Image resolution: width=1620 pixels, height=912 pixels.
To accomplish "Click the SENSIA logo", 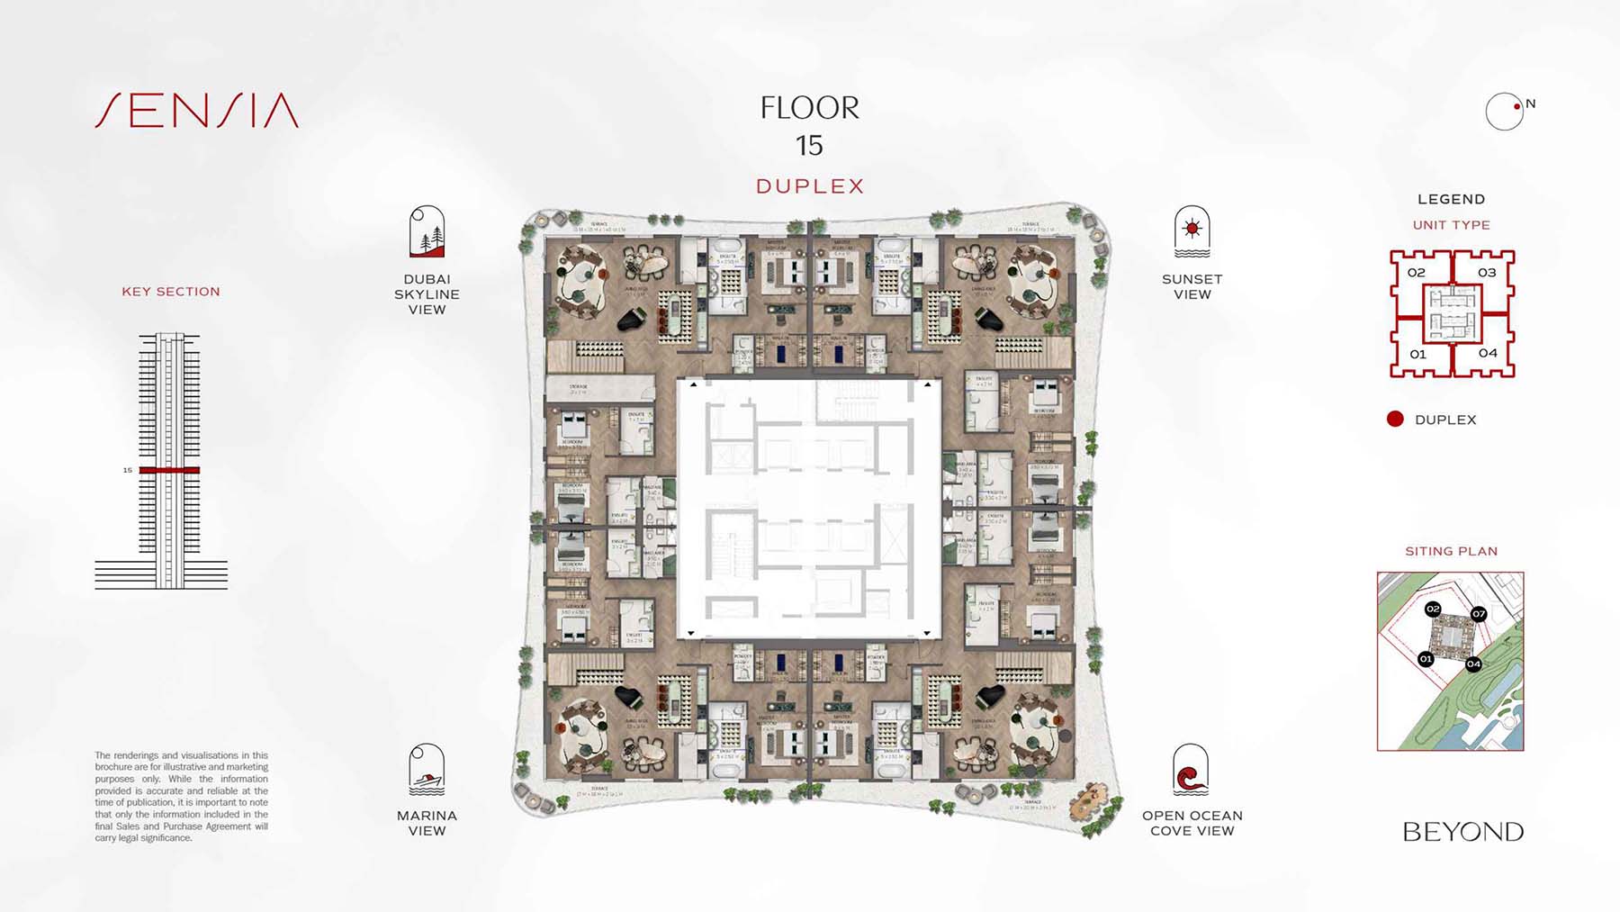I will point(196,110).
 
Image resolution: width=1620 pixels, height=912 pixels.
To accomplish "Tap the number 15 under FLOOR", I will point(809,145).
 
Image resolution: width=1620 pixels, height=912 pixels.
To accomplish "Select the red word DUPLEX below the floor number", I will point(810,186).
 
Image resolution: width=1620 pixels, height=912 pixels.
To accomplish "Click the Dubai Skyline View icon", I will point(427,231).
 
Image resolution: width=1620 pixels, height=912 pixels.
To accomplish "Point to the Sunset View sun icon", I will point(1192,230).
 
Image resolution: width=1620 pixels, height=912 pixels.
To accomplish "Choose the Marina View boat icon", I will point(427,770).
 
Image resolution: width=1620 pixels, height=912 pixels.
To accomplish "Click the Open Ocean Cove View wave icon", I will point(1191,770).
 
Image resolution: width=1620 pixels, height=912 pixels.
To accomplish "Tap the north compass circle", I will point(1504,112).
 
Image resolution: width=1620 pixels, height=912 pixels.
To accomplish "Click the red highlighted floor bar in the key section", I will point(169,470).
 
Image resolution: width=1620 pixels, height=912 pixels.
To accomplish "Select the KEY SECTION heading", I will point(171,292).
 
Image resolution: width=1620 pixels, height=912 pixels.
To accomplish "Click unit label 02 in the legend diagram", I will point(1417,273).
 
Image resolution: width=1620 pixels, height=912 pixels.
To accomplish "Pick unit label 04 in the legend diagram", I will point(1488,353).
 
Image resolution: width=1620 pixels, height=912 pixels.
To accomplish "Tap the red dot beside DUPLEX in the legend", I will point(1395,419).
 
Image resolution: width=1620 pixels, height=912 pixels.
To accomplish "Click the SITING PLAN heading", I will point(1451,551).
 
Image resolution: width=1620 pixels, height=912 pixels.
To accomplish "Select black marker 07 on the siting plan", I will point(1479,614).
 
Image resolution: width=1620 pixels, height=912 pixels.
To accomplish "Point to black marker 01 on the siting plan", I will point(1426,659).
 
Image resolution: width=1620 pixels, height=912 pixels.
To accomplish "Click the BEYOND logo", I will point(1462,832).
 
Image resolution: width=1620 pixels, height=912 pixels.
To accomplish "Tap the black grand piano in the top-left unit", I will point(631,319).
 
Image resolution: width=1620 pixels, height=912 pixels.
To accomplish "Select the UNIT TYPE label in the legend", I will point(1451,225).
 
